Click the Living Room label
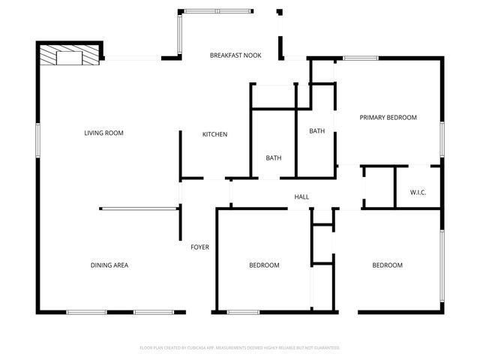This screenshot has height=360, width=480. coord(103,133)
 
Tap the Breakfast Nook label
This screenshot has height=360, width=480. coord(235,55)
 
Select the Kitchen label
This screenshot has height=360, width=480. coord(214,134)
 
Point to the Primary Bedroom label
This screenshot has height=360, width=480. coord(388,117)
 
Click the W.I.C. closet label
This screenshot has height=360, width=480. coord(418,193)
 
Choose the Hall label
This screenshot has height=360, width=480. coord(301,197)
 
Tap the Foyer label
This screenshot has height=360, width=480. coord(199,247)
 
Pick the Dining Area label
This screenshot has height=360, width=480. coord(109,265)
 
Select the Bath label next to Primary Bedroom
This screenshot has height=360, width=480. coord(316,131)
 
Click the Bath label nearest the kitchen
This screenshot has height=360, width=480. coord(273,157)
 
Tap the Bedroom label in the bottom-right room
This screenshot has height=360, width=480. coord(388,265)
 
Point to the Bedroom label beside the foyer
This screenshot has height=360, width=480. coord(264,265)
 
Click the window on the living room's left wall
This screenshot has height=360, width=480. coord(37,140)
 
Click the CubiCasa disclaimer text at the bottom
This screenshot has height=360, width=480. coord(240,348)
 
